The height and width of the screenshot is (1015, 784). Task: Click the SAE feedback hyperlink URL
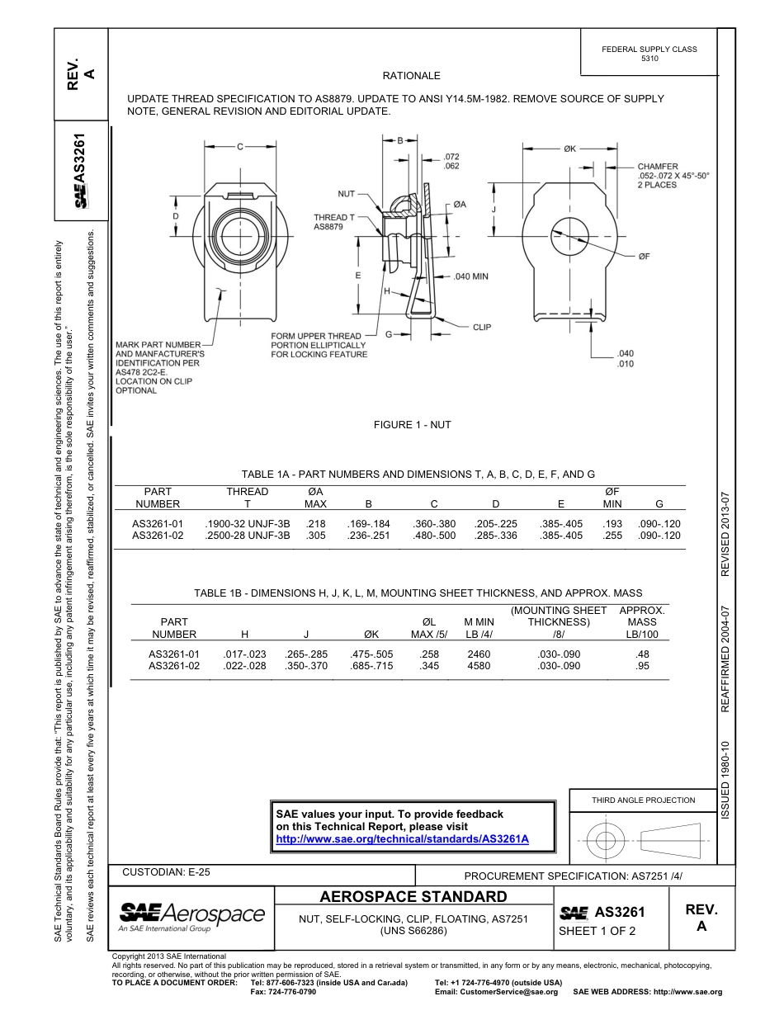coord(401,838)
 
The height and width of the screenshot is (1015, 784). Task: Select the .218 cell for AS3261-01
coord(315,523)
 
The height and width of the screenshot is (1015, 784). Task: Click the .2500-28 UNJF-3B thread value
coord(248,536)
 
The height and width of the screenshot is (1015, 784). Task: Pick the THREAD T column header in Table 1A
coord(248,498)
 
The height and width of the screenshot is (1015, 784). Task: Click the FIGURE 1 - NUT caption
coord(412,425)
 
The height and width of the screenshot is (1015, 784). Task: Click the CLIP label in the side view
coord(482,328)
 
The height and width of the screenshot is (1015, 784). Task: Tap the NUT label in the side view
coord(346,194)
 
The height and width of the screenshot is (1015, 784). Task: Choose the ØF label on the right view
coord(645,257)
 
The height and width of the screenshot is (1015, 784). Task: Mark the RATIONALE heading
coord(412,76)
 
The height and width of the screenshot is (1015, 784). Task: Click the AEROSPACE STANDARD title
coord(413,897)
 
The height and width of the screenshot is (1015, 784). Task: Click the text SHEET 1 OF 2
coord(597,932)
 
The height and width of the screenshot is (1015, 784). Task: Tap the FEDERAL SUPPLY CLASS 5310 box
coord(649,54)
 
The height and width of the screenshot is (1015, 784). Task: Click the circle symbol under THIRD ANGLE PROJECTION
coord(606,841)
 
